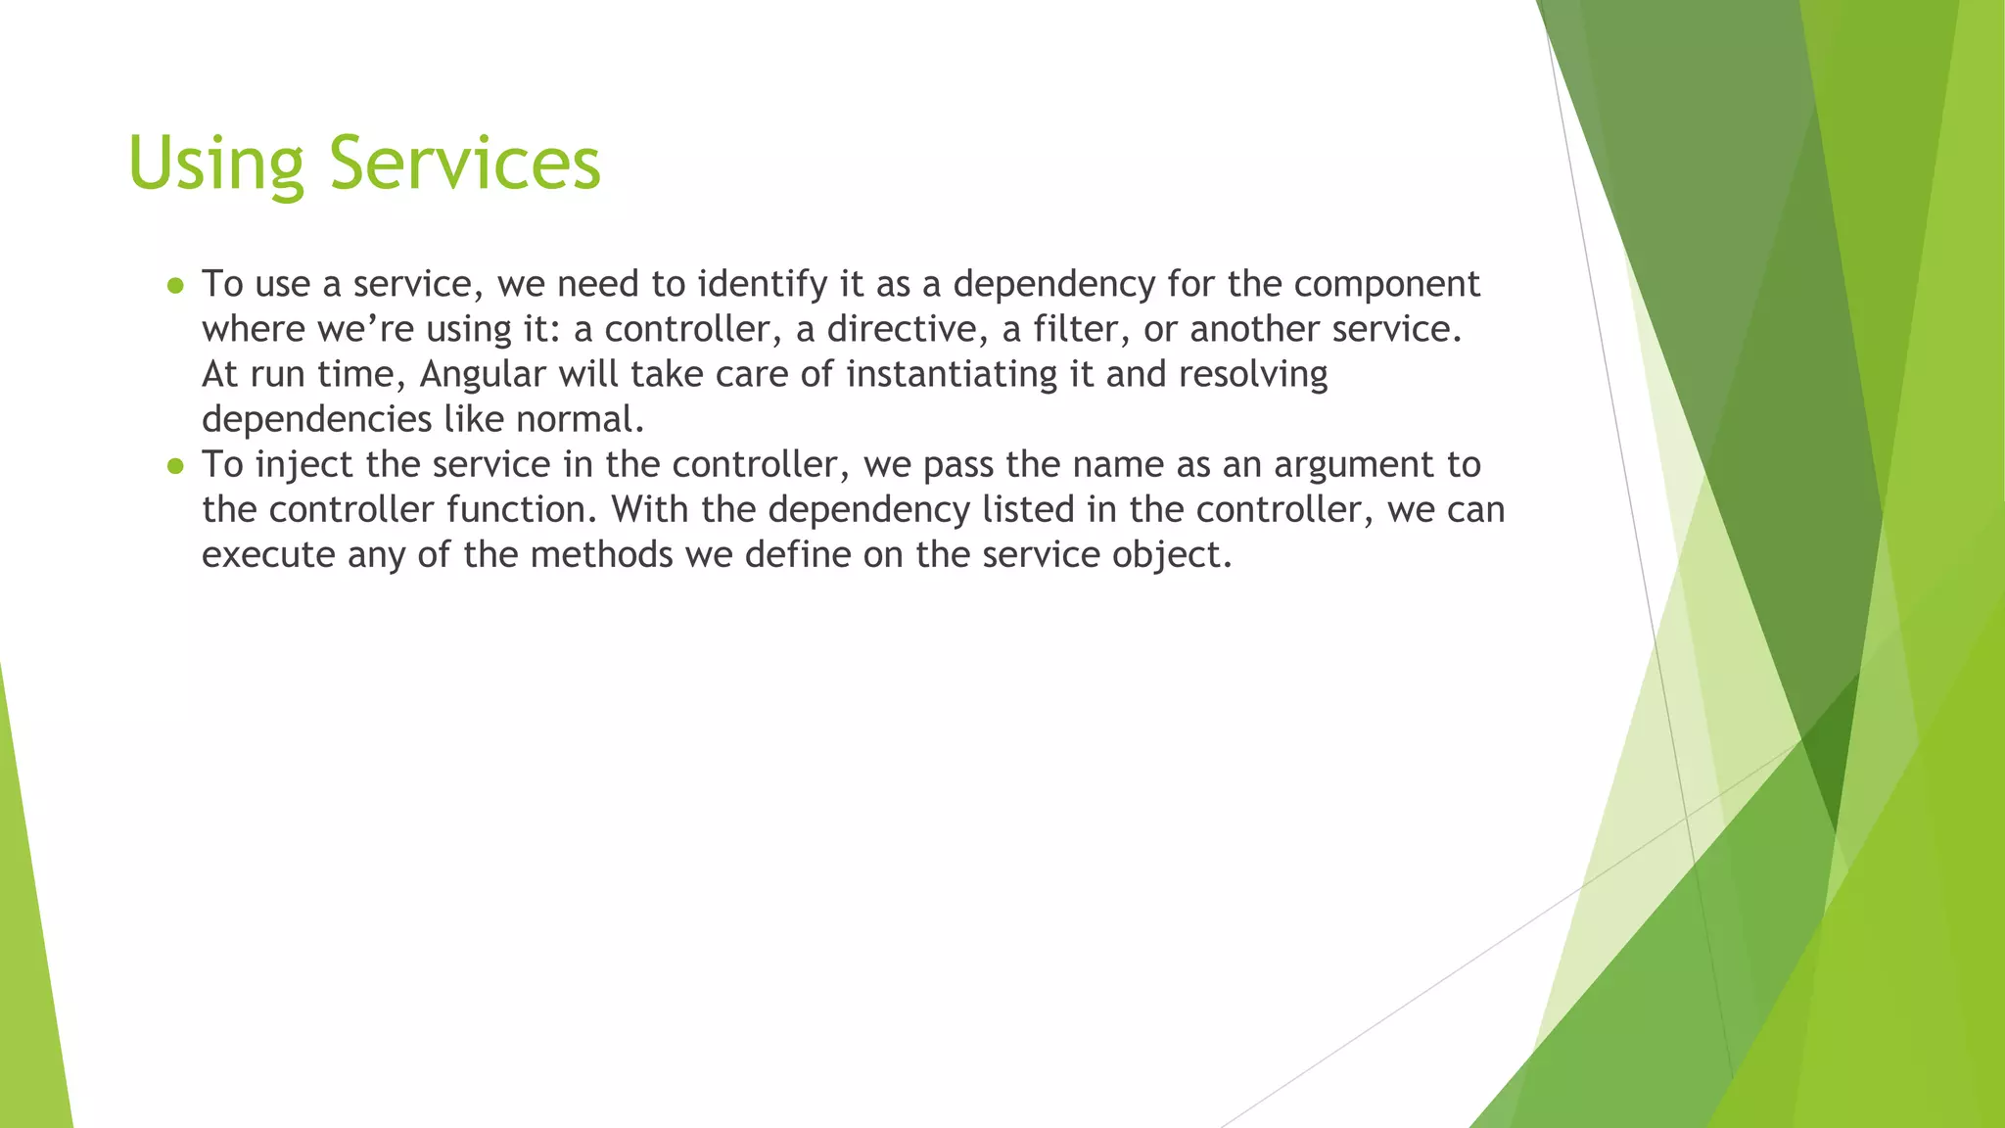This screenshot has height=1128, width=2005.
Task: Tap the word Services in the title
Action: tap(464, 164)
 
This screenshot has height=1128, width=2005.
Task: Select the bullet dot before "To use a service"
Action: tap(175, 285)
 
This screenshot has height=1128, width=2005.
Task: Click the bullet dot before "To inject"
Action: tap(175, 465)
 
